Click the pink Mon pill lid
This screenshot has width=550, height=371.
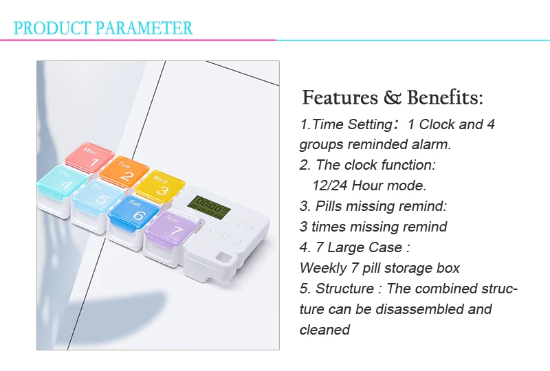[x=90, y=157]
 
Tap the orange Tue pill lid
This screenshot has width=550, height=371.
[x=124, y=171]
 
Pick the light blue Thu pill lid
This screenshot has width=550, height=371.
[x=62, y=181]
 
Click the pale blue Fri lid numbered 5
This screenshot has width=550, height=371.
[x=98, y=196]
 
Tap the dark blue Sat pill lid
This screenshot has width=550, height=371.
[x=133, y=211]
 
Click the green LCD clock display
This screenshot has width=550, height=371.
[x=209, y=207]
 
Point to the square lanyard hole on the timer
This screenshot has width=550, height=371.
[x=223, y=258]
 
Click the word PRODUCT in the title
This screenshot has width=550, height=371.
[x=52, y=28]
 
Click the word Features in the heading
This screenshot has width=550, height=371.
[x=340, y=97]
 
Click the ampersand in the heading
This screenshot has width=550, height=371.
[x=392, y=98]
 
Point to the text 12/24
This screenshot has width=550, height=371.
[x=330, y=185]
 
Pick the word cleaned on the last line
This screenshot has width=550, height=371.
[x=324, y=330]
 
